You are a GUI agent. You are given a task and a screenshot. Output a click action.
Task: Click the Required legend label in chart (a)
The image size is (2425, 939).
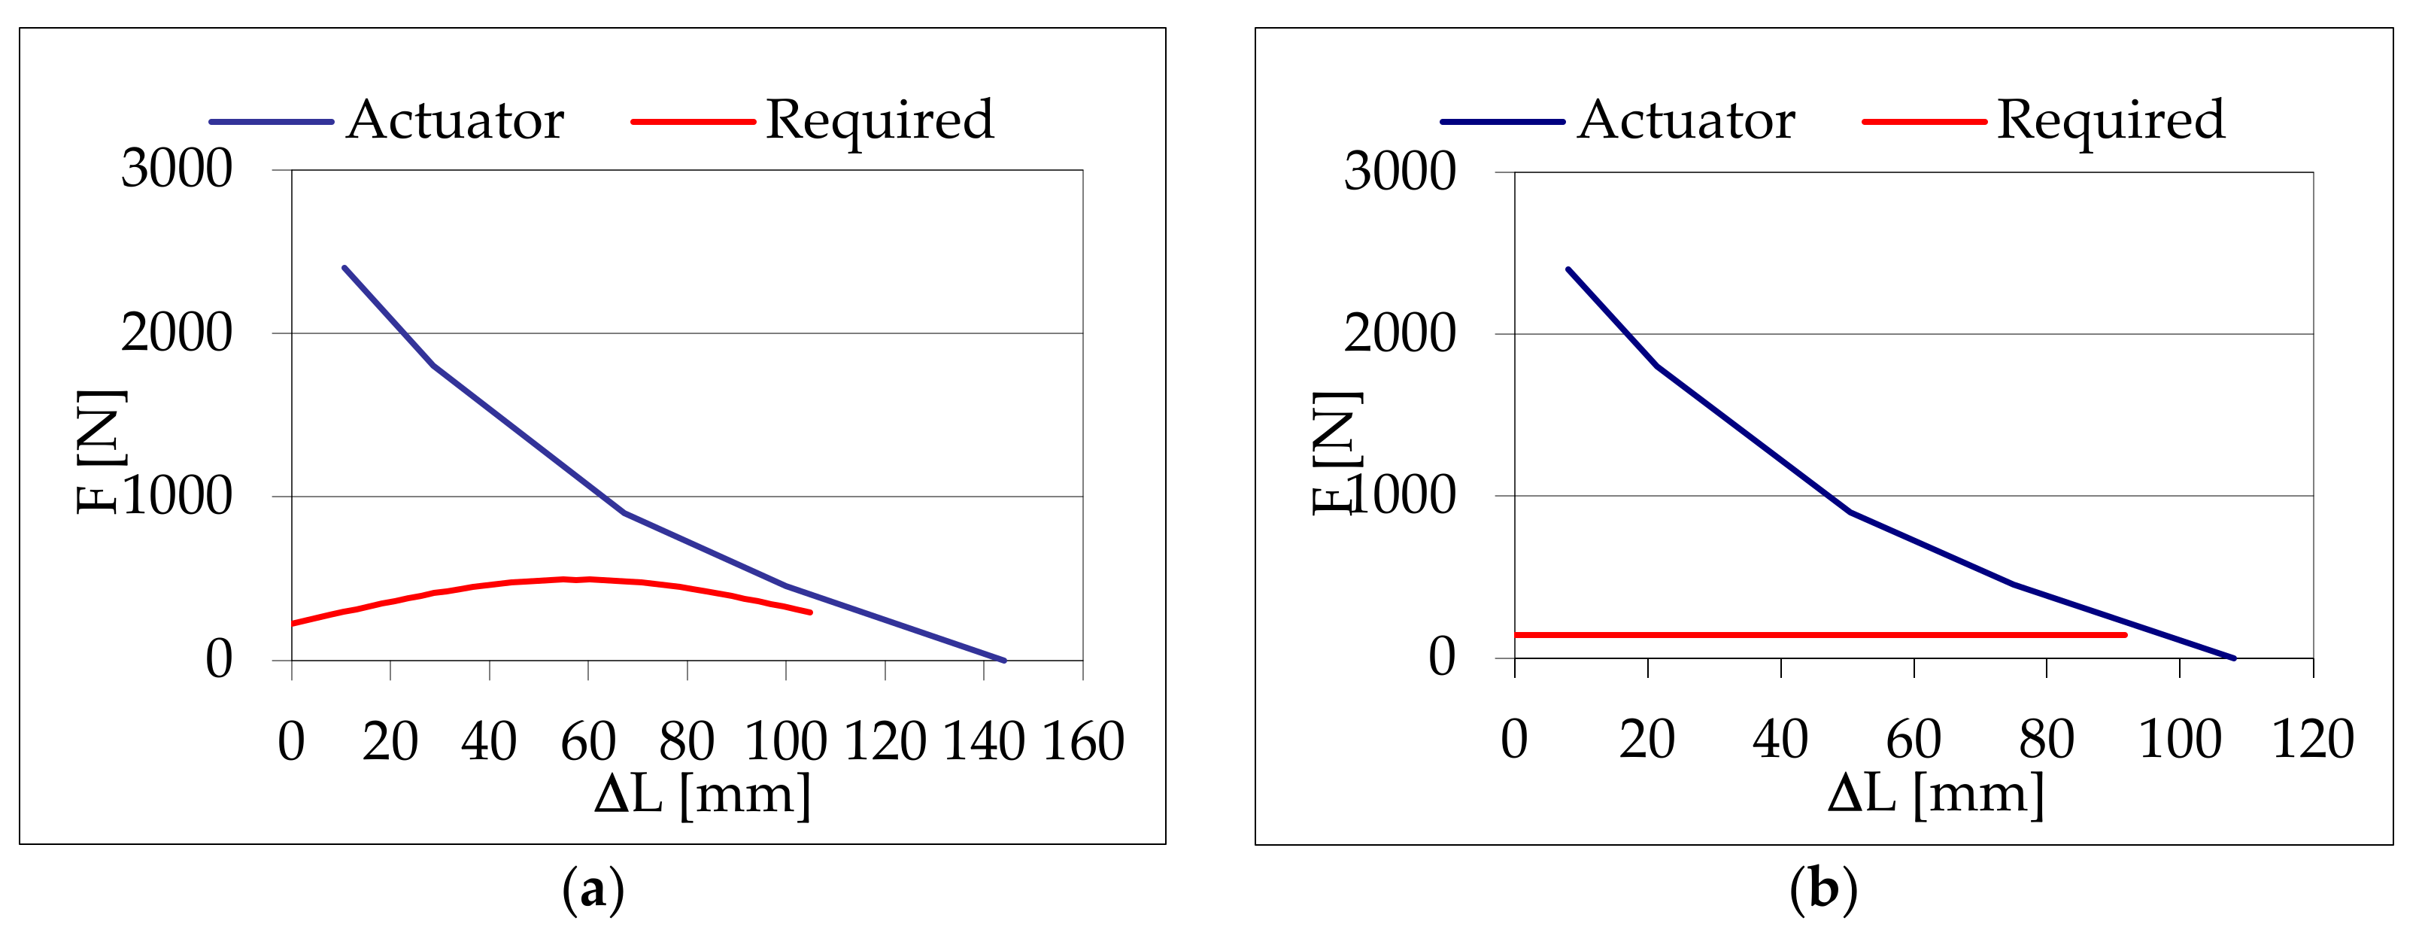tap(879, 120)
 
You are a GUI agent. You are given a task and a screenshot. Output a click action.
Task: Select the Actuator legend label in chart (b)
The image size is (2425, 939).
tap(1686, 120)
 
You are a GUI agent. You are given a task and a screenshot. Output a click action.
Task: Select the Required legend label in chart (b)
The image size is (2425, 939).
tap(2111, 120)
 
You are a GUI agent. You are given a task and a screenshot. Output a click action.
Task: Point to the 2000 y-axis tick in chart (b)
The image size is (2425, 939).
tap(1399, 333)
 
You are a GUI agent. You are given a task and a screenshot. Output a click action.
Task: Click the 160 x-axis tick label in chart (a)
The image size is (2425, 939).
tap(1082, 741)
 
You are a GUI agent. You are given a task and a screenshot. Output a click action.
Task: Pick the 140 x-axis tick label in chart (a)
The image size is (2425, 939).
tap(984, 741)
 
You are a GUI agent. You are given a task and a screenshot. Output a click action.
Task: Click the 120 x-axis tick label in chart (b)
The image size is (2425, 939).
tap(2313, 740)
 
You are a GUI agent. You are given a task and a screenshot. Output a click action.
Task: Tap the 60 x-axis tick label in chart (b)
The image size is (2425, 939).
tap(1914, 740)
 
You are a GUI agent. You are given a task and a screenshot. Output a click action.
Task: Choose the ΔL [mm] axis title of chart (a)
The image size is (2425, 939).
tap(703, 794)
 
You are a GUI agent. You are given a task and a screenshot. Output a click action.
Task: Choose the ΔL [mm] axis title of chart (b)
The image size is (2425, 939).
tap(1935, 794)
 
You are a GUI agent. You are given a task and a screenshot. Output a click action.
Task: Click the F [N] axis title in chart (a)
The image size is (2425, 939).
tap(100, 451)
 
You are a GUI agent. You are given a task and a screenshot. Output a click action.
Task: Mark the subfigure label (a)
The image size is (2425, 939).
tap(593, 890)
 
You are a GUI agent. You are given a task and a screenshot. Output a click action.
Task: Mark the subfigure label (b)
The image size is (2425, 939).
tap(1823, 890)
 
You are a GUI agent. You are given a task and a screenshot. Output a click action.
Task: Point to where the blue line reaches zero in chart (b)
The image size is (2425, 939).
tap(2234, 658)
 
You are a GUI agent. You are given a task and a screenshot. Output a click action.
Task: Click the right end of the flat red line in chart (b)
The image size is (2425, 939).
tap(2125, 635)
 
